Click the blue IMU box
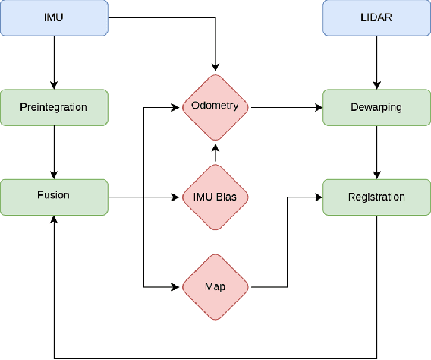[x=54, y=17]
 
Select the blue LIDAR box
[x=376, y=17]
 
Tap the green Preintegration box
[x=54, y=107]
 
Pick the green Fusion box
[x=54, y=197]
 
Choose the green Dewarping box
[x=376, y=107]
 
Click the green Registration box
[x=376, y=197]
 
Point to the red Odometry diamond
[x=215, y=107]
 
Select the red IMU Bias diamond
[x=215, y=197]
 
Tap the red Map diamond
[x=215, y=287]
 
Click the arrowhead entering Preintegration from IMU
[x=54, y=85]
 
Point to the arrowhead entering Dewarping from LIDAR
[x=376, y=85]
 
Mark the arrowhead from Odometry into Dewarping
[x=319, y=107]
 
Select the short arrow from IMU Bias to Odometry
[x=215, y=153]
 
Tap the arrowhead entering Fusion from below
[x=54, y=219]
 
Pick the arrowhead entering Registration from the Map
[x=319, y=197]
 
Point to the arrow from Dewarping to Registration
[x=376, y=152]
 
